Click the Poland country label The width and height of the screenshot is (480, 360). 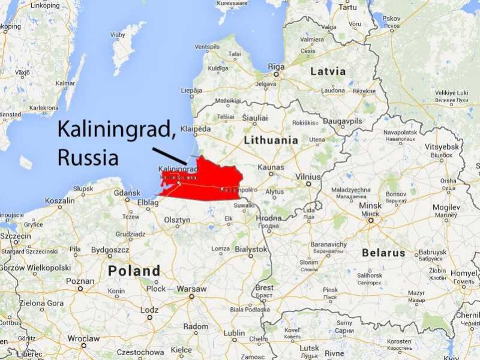coord(134,271)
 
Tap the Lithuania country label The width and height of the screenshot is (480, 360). coord(271,140)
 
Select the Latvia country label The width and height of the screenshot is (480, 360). coord(328,71)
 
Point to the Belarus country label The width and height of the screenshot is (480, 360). coord(383,253)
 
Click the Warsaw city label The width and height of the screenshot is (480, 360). coord(192,289)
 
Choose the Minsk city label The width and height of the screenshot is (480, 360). coord(370,206)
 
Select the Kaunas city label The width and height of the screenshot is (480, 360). coord(270,167)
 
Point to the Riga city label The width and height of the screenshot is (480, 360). coord(276,67)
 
